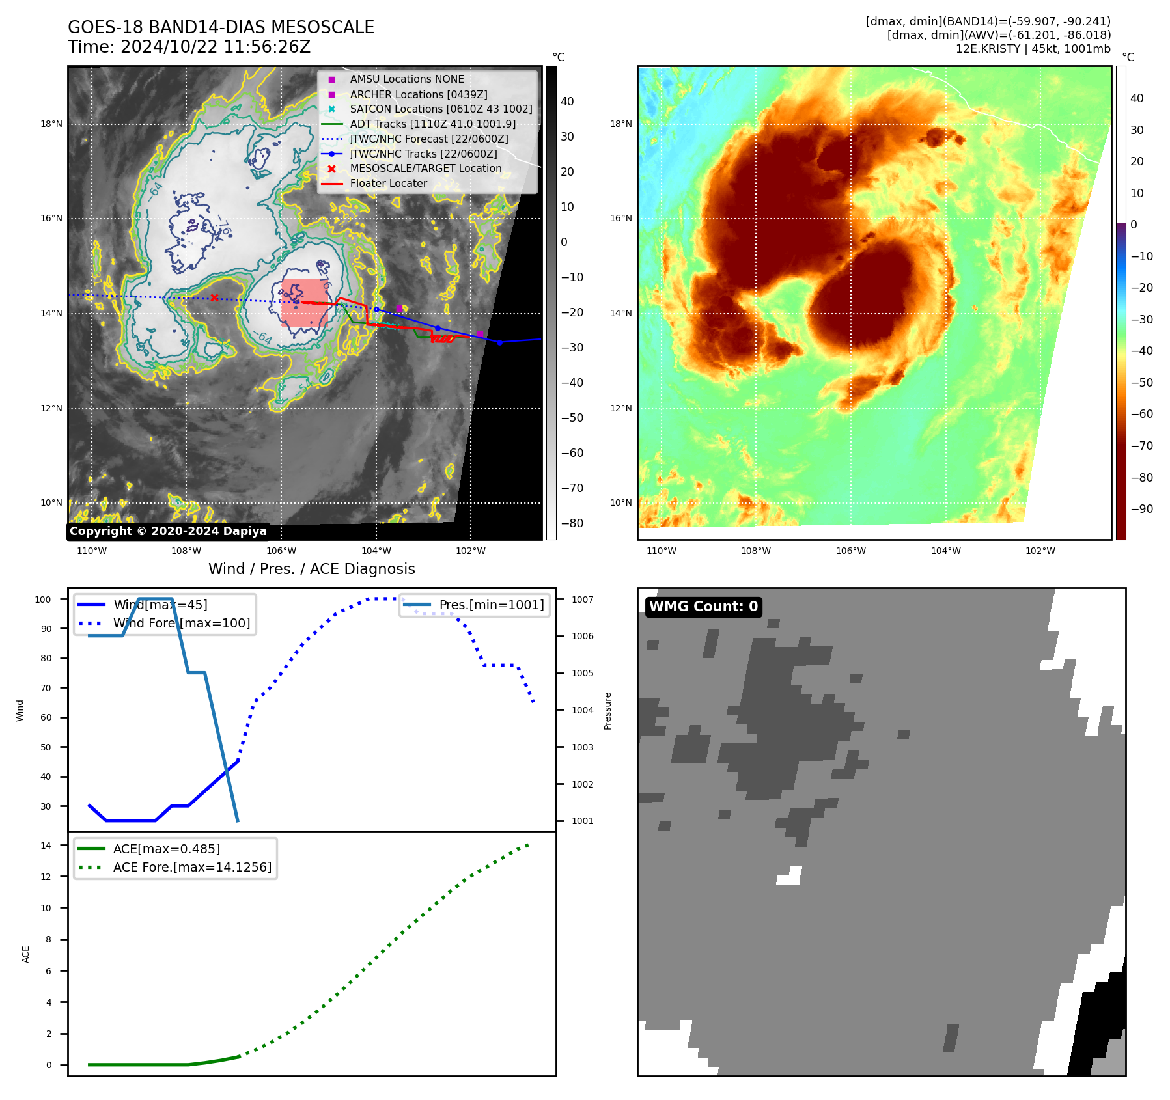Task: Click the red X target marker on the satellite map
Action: [214, 298]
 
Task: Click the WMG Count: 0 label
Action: [703, 607]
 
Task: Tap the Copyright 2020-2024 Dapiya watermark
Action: [168, 531]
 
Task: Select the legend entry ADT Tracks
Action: [432, 124]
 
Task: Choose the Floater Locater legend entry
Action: [388, 184]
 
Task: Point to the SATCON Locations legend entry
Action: [441, 109]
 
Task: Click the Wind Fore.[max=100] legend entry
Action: [181, 623]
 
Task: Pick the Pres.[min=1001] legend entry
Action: [491, 605]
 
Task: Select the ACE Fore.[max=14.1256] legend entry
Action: [192, 867]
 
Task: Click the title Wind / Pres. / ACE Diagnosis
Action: [311, 569]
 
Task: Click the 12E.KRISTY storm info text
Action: [1033, 49]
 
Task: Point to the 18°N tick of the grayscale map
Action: [51, 124]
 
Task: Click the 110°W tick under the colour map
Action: [662, 551]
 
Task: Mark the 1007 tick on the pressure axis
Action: [583, 599]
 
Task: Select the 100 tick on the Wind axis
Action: [43, 599]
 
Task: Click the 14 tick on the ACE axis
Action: [46, 846]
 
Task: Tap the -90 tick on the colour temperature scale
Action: [1141, 509]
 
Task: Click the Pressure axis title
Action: [607, 711]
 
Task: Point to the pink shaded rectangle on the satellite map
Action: [304, 303]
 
